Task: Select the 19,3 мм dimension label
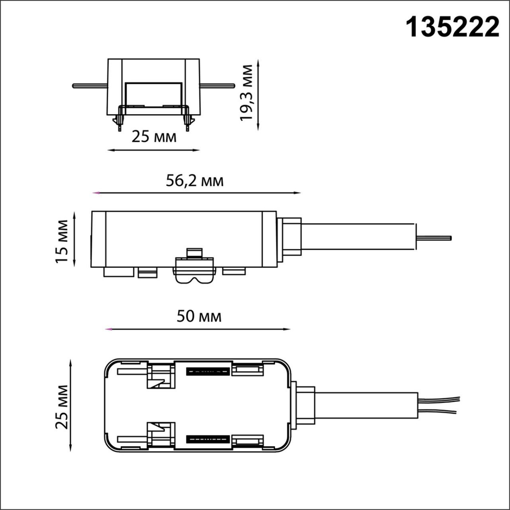pos(248,92)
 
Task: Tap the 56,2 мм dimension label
pos(194,181)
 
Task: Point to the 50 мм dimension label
pos(199,317)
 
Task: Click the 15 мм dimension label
pos(62,241)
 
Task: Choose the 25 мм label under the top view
pos(154,137)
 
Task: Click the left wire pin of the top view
pos(90,86)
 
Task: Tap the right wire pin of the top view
pos(217,86)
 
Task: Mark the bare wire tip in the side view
pos(434,237)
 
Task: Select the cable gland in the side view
pos(290,237)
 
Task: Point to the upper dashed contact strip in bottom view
pos(208,371)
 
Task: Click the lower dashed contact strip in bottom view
pos(208,439)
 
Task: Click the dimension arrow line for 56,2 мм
pos(197,193)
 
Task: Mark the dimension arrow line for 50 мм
pos(197,329)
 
